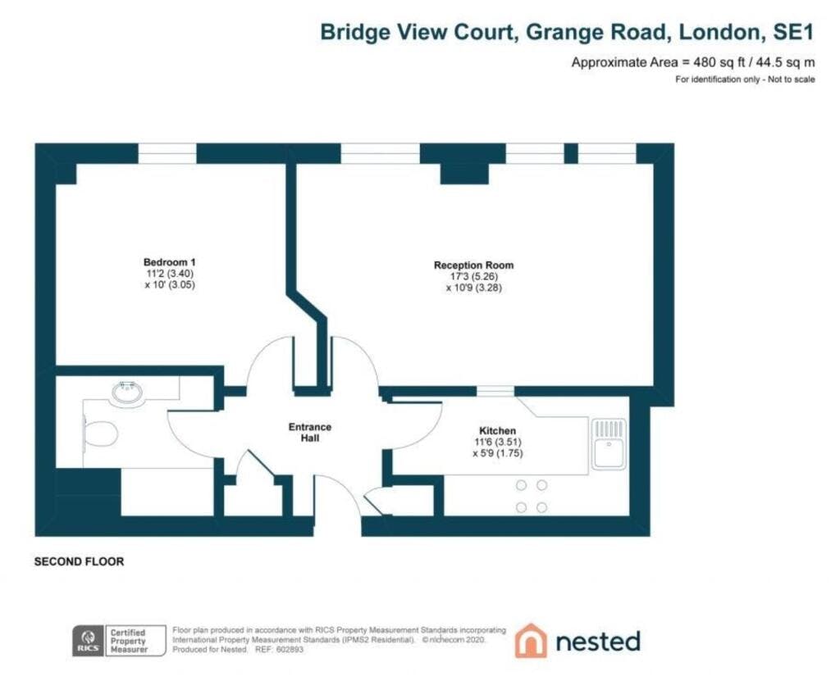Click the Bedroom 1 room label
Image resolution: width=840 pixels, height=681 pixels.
point(169,262)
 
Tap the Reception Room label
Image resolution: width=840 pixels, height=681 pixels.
point(473,265)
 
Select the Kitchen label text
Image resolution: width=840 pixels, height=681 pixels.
point(497,430)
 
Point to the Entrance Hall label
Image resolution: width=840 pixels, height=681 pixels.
point(309,433)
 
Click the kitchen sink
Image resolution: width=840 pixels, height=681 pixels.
point(609,444)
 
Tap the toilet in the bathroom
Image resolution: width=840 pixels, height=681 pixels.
point(100,434)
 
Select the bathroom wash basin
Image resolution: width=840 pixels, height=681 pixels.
point(127,392)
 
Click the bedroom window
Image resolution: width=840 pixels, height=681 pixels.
point(167,153)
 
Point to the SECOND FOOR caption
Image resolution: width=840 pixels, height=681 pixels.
point(79,561)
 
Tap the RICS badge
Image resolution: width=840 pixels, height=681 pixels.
point(89,640)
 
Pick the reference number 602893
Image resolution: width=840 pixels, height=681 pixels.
point(290,649)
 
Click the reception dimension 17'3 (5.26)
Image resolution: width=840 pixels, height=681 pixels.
point(474,276)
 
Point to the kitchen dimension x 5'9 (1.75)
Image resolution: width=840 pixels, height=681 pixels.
point(498,453)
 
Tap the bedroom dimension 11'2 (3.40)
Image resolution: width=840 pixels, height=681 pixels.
point(169,274)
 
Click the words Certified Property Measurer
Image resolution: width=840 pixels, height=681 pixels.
point(128,641)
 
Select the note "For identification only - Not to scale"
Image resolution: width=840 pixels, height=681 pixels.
point(745,79)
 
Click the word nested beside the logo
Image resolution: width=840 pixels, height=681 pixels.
point(598,642)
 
